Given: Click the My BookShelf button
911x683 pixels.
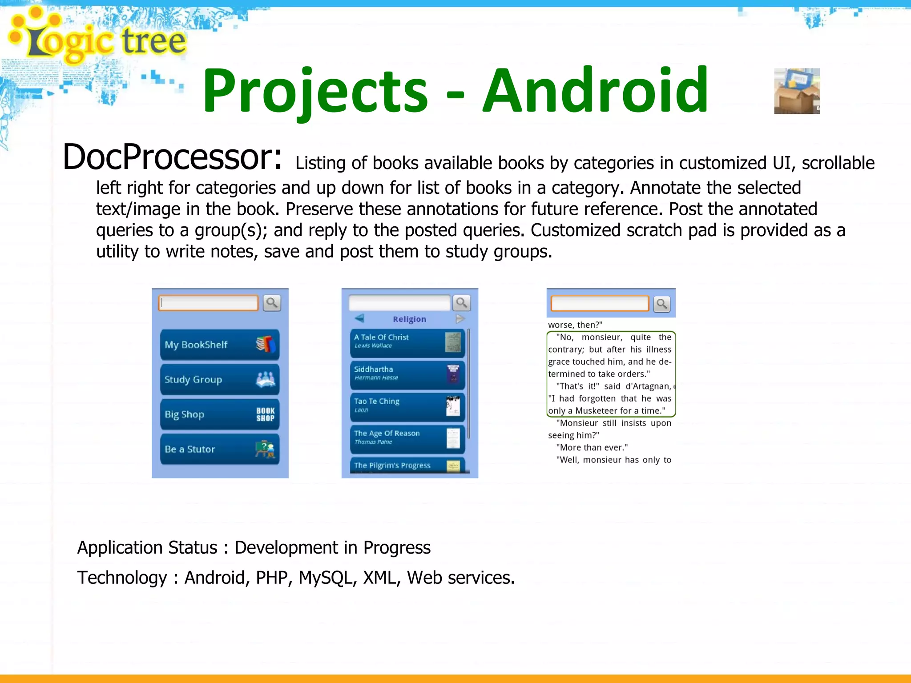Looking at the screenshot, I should point(219,345).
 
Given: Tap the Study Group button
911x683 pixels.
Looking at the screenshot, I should point(219,379).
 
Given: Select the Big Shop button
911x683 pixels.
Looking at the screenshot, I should point(219,414).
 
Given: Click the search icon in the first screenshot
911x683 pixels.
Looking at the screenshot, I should point(272,303).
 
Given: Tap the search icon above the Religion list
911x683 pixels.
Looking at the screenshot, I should point(461,303).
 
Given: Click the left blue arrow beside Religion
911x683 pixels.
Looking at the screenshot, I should point(359,318).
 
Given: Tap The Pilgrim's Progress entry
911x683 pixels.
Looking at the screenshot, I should point(407,465).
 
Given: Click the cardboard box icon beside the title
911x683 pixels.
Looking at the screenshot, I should point(797,91).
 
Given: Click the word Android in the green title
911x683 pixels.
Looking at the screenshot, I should point(595,91).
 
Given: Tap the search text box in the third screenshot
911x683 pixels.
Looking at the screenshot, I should point(599,304).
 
